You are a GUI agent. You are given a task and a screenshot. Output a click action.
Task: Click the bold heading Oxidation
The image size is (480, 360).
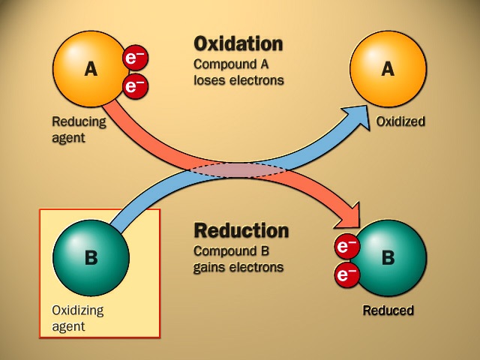(238, 43)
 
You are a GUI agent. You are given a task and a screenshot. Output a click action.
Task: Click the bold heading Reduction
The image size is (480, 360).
(241, 230)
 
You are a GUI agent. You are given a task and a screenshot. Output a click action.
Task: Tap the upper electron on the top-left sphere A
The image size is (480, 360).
(136, 58)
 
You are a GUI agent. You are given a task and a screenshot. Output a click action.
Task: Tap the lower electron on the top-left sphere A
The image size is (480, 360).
(136, 86)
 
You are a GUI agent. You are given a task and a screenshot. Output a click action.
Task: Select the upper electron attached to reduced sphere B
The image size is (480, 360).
(346, 246)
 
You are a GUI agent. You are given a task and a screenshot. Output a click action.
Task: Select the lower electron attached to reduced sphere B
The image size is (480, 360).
(346, 275)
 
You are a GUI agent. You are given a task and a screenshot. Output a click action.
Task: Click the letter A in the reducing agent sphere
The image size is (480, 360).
(91, 70)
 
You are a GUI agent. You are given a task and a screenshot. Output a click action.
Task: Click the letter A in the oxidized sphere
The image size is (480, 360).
(388, 70)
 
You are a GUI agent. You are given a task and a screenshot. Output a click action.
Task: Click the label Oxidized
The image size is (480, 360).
(401, 121)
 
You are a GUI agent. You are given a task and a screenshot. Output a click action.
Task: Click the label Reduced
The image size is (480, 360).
(388, 310)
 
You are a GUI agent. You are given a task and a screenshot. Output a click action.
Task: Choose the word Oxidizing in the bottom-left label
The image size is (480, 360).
(78, 310)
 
